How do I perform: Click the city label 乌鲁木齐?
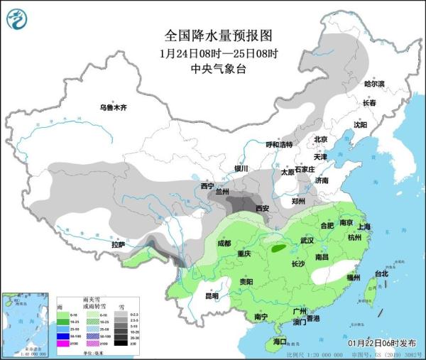click(x=112, y=107)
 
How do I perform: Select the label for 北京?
click(x=321, y=139)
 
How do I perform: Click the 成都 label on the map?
click(x=224, y=243)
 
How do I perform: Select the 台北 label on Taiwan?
click(x=381, y=273)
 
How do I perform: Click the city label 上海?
click(x=366, y=227)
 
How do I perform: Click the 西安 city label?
click(x=262, y=208)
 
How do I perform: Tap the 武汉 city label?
click(x=307, y=241)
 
